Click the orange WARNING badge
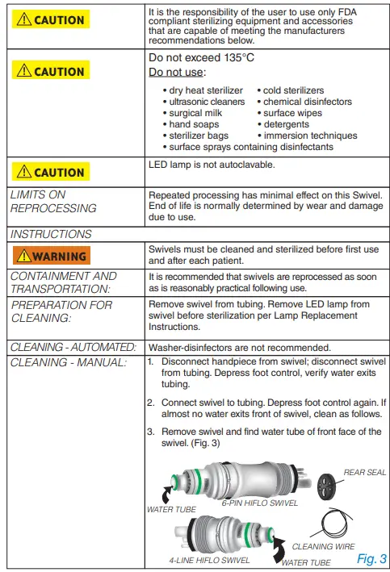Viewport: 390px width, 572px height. tap(56, 257)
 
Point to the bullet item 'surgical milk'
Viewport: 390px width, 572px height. tap(197, 114)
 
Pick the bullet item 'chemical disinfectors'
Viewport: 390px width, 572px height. tap(308, 102)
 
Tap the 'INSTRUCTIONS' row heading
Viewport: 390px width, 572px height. tap(51, 234)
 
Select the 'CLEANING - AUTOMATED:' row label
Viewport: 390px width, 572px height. tap(73, 346)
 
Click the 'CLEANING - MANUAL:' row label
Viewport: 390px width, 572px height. tap(69, 362)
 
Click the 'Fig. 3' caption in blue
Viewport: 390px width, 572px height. tap(371, 558)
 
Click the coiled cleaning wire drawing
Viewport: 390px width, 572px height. tap(339, 521)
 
